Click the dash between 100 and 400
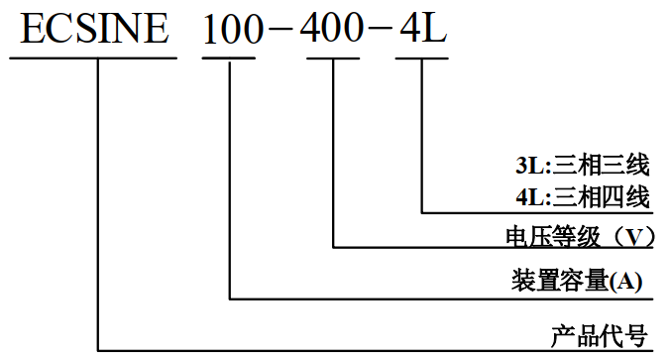click(284, 32)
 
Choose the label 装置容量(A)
click(577, 282)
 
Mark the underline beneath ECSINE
click(94, 57)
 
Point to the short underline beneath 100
click(230, 57)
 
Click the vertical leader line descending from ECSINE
click(98, 198)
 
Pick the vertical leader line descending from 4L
click(423, 134)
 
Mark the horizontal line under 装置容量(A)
click(436, 299)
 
